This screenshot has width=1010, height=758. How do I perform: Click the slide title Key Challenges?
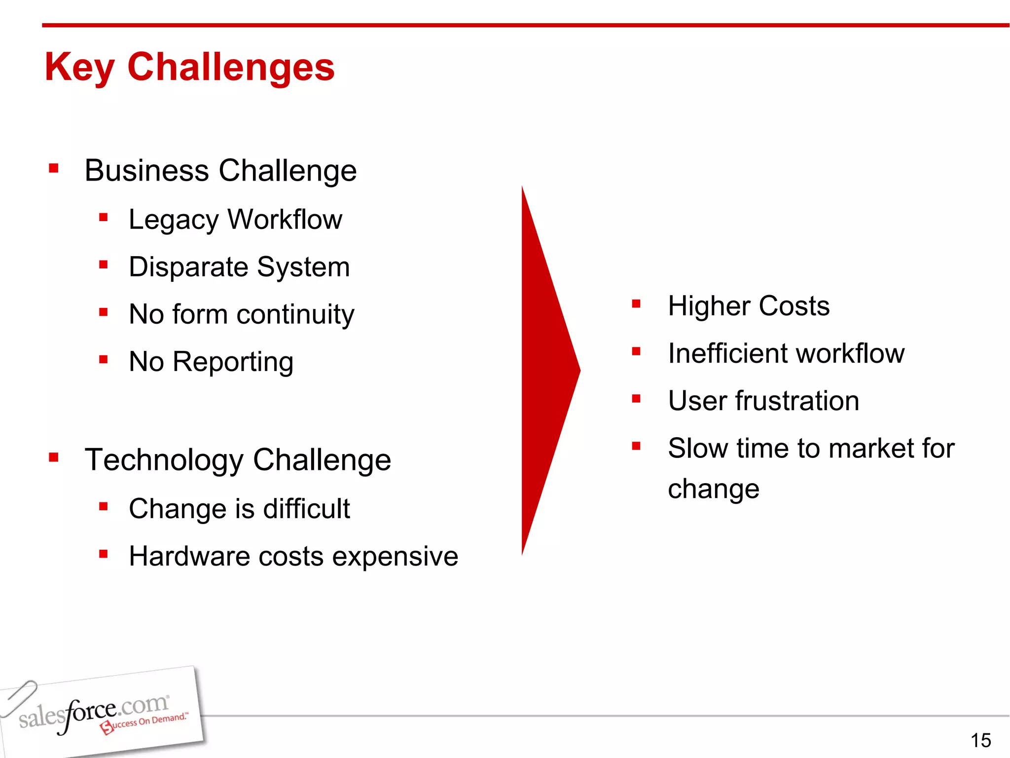189,67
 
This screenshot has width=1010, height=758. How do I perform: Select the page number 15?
980,740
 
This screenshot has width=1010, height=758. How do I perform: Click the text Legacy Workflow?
235,219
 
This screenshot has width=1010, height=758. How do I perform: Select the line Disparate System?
239,267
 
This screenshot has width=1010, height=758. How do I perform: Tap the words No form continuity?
241,314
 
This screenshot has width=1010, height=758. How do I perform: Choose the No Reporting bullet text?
211,362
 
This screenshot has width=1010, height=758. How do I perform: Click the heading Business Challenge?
220,171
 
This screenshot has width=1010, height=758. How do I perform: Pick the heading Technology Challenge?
238,460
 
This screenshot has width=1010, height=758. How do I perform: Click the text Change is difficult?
239,508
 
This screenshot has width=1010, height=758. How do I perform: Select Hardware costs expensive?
293,556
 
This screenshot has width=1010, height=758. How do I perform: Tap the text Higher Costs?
749,306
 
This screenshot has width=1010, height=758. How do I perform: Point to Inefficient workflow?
786,353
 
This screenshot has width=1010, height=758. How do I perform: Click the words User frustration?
763,401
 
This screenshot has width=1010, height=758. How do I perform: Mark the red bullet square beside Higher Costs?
636,304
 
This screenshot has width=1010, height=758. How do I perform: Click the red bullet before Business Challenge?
54,169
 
